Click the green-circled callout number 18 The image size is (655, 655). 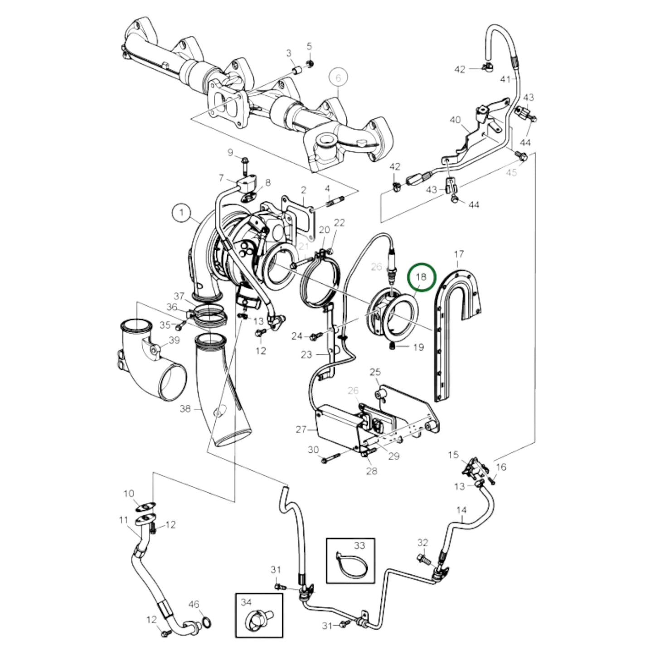tap(422, 277)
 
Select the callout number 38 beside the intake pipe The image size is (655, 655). tap(185, 409)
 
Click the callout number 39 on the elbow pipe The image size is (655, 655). tap(174, 340)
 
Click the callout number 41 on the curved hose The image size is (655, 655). tap(505, 80)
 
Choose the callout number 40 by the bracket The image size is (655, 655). tap(455, 120)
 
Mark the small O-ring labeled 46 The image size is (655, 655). tap(206, 621)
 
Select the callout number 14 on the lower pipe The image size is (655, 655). tap(461, 510)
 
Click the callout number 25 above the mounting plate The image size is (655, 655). tap(374, 373)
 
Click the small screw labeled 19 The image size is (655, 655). tap(393, 347)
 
